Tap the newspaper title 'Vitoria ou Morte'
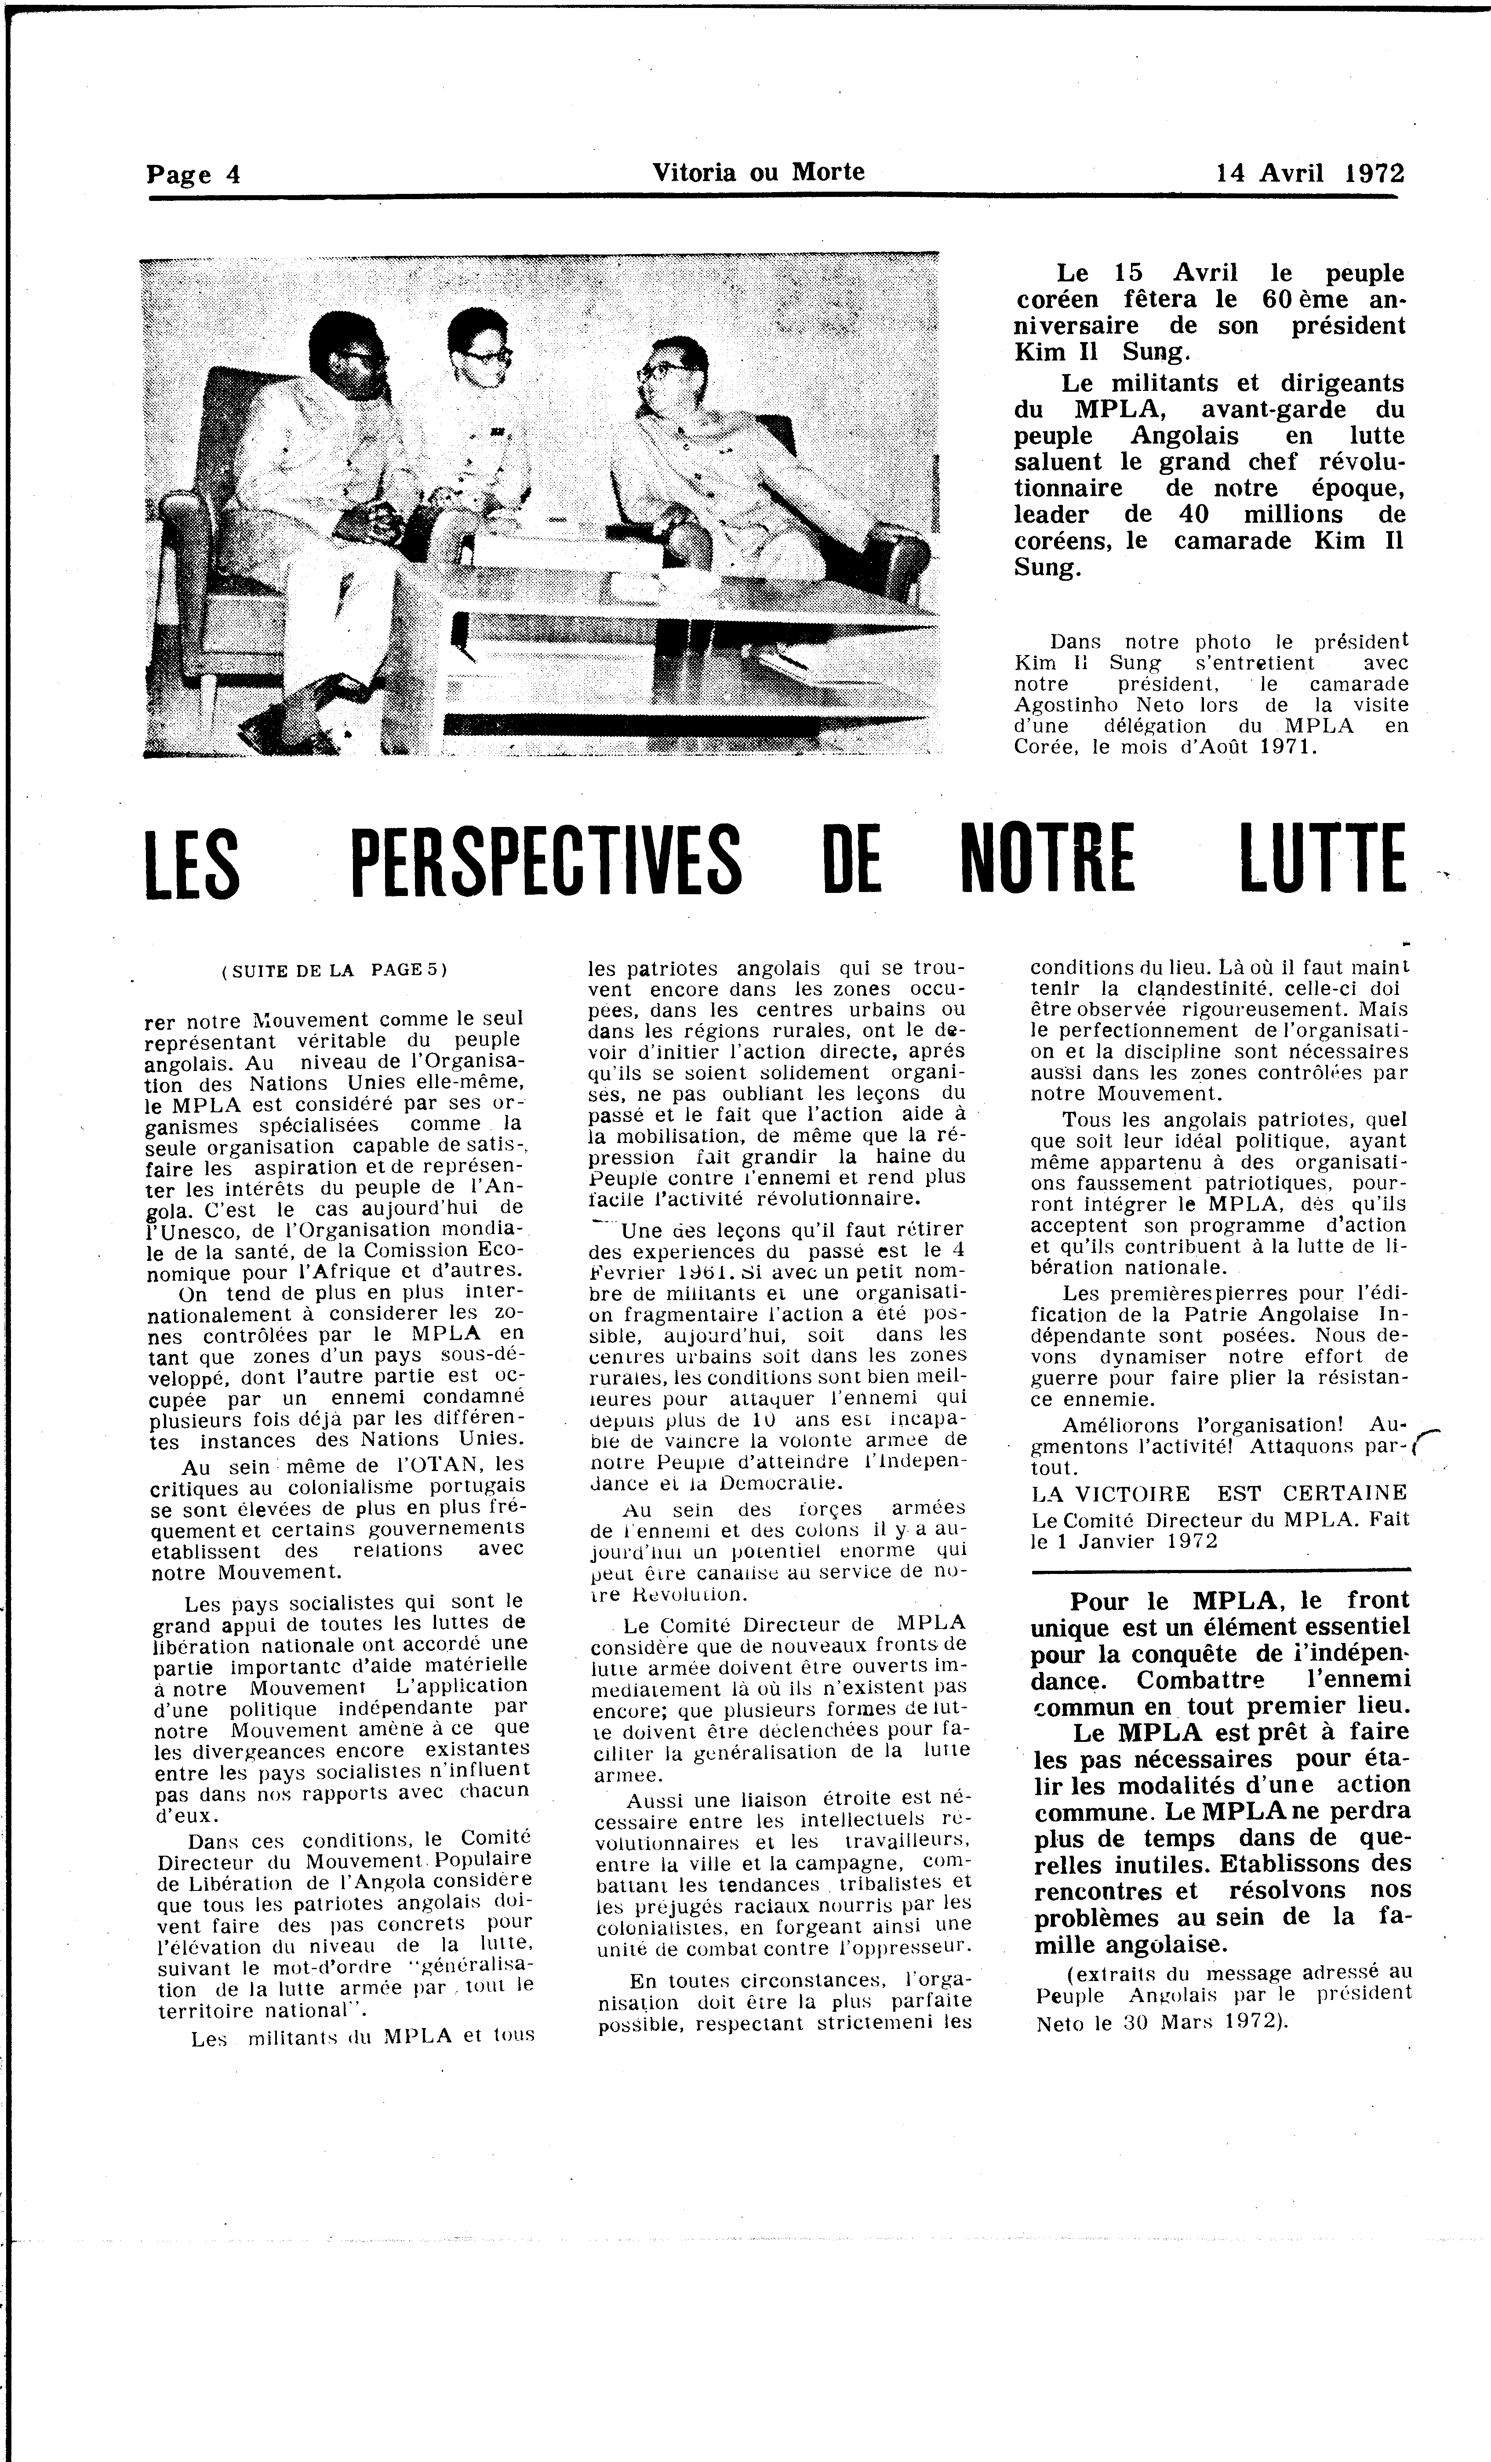point(757,172)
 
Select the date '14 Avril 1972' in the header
point(1309,173)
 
